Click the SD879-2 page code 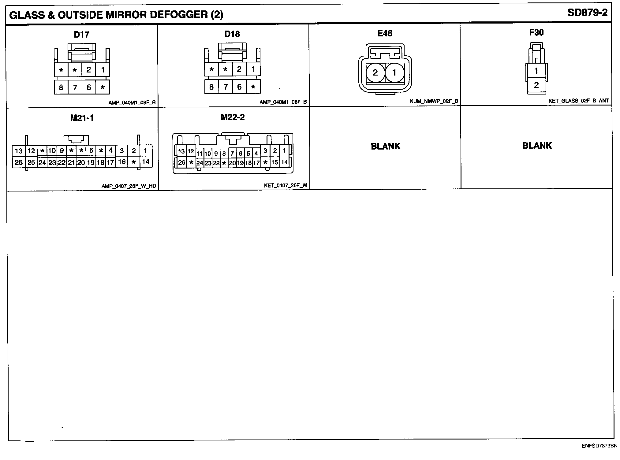click(587, 13)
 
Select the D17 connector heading click(82, 35)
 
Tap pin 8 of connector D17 click(61, 87)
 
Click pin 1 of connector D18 click(253, 69)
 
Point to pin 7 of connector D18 click(226, 87)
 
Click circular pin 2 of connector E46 click(375, 72)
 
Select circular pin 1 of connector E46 click(394, 72)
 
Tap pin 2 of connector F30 click(536, 85)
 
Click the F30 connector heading click(536, 33)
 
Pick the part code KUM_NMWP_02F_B click(434, 101)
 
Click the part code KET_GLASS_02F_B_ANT click(578, 100)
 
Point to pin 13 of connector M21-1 click(19, 151)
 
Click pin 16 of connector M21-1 click(122, 161)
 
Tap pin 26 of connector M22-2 click(181, 162)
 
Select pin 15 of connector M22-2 click(275, 162)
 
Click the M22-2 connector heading click(233, 117)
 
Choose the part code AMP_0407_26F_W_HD click(129, 186)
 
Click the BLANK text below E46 click(386, 146)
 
